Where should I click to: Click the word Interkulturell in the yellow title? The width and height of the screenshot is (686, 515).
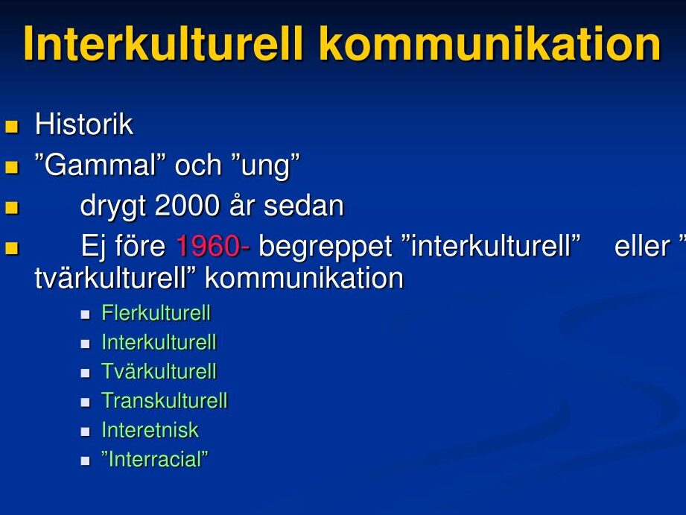(163, 44)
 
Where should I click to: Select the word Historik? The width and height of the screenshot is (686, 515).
(84, 124)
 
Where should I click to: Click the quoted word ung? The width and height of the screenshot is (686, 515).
(265, 166)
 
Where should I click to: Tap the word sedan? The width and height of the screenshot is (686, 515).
(304, 206)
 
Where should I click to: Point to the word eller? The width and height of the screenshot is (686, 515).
(642, 246)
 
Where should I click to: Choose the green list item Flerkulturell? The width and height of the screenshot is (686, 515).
(156, 313)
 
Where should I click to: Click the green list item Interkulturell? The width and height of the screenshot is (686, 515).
(159, 342)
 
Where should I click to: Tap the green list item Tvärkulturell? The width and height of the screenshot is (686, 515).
(159, 371)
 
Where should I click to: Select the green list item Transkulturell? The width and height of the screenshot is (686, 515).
(165, 401)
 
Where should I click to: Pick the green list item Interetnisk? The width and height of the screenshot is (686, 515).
(150, 430)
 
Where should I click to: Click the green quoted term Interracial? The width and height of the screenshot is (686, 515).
(155, 459)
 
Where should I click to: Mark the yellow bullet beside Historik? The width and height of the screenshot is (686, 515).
(12, 127)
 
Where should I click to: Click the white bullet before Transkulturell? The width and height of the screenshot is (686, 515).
(86, 402)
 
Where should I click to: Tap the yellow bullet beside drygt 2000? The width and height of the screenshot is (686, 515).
(12, 208)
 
